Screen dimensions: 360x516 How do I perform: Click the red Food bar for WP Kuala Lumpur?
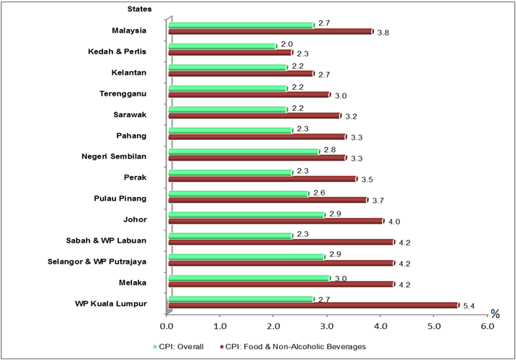point(313,305)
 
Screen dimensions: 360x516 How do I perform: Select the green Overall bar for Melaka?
point(249,277)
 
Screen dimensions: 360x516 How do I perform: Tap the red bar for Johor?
point(275,221)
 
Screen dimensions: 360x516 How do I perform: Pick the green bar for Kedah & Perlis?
point(222,46)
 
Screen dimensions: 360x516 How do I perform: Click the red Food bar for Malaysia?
point(270,32)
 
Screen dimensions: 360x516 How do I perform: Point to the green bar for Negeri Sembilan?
point(244,151)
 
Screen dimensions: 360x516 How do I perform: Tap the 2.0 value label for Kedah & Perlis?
point(286,44)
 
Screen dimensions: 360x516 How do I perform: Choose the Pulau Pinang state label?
point(120,198)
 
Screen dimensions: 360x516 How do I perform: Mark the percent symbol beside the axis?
point(495,314)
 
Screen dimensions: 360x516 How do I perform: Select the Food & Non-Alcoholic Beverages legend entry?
point(296,346)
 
